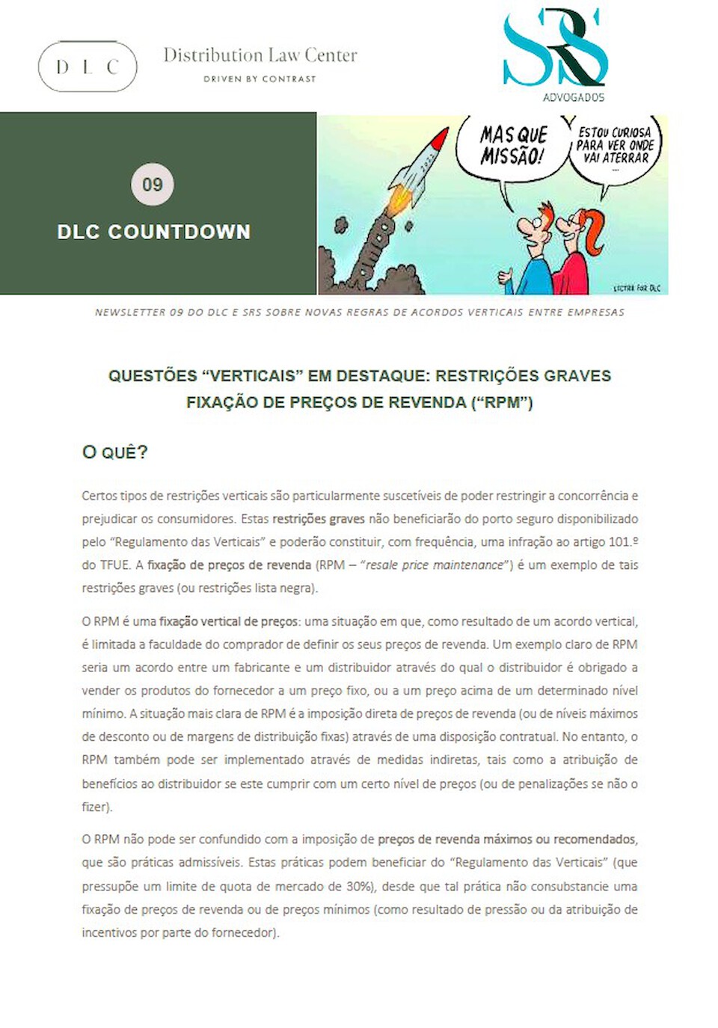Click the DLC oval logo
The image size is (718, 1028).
pos(88,67)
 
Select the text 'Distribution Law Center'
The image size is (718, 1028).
pos(260,55)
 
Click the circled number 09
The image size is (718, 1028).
pos(153,184)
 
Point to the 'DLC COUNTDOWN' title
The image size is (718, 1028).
pos(154,232)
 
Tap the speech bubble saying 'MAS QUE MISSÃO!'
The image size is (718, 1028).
pos(513,146)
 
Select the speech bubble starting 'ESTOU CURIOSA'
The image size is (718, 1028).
pos(615,146)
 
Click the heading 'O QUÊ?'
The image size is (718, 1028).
pos(115,452)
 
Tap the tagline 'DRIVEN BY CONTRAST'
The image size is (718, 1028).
pos(260,79)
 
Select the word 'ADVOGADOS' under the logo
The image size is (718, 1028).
pos(574,97)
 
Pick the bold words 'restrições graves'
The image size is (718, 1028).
pos(319,519)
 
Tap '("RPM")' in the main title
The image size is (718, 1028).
pos(502,402)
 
